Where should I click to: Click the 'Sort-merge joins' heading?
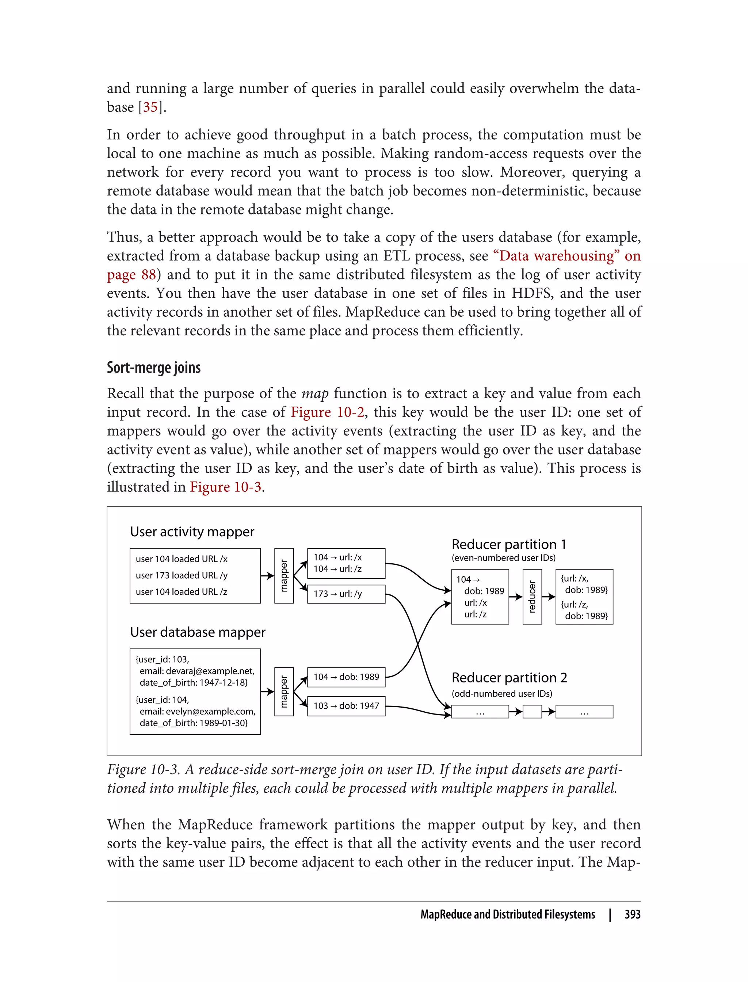154,368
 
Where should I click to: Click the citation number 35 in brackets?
150,107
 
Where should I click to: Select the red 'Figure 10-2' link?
327,412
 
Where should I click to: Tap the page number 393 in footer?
632,914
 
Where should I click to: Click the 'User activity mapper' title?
192,532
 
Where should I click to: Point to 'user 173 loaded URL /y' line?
182,575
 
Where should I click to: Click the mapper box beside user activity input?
284,576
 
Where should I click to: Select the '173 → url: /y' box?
346,594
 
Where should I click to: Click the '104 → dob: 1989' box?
346,677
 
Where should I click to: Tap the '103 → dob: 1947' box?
346,706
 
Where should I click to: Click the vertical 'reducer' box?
532,597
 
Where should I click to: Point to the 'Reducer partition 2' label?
509,678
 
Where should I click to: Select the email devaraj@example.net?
197,671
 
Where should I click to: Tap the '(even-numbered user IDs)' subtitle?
504,558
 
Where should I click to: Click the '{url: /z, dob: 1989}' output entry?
584,610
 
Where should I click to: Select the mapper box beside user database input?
284,692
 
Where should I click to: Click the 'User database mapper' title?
198,632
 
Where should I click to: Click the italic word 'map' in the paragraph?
315,394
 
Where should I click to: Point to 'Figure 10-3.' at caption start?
144,770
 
